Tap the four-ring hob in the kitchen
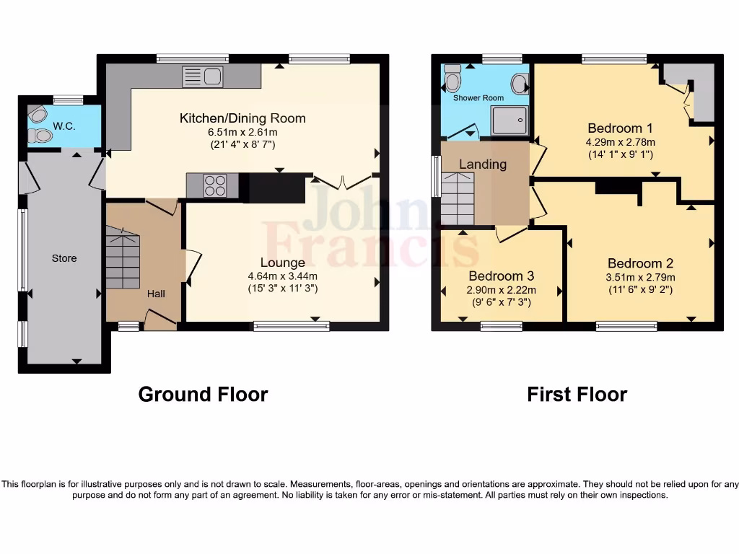214,185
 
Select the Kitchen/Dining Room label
242,118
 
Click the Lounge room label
283,263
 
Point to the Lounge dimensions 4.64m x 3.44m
283,276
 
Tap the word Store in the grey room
64,258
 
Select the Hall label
156,294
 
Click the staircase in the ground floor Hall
123,258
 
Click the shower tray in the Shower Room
510,120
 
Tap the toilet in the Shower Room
452,79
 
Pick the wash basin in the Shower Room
519,84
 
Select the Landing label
483,164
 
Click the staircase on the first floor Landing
458,199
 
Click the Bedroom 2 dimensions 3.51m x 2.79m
641,277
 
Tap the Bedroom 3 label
502,276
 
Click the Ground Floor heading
203,395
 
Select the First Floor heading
577,395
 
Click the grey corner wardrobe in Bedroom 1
701,90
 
